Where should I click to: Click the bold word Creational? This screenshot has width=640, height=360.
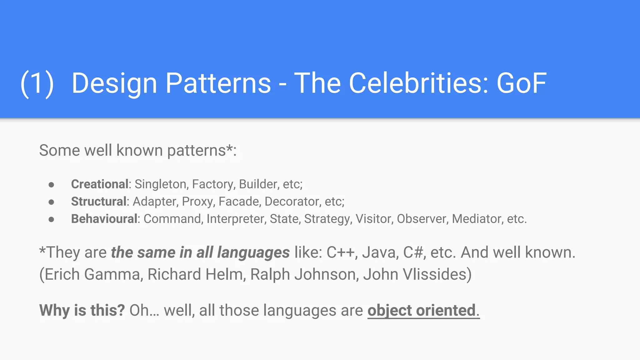(x=100, y=184)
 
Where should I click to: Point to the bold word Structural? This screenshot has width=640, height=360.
(x=99, y=202)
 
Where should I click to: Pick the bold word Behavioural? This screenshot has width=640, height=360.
(x=104, y=219)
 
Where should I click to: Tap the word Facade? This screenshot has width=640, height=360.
(x=239, y=202)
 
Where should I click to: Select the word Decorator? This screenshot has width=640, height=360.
(x=292, y=202)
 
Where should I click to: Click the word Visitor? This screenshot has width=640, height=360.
(x=374, y=219)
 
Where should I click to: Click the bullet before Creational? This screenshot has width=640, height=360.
(x=52, y=185)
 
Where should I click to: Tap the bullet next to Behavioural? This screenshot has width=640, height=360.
(x=52, y=219)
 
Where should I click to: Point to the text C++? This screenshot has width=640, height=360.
(x=340, y=252)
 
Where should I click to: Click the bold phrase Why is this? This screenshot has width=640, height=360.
(x=82, y=310)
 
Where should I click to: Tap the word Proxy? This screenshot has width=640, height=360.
(x=198, y=202)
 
